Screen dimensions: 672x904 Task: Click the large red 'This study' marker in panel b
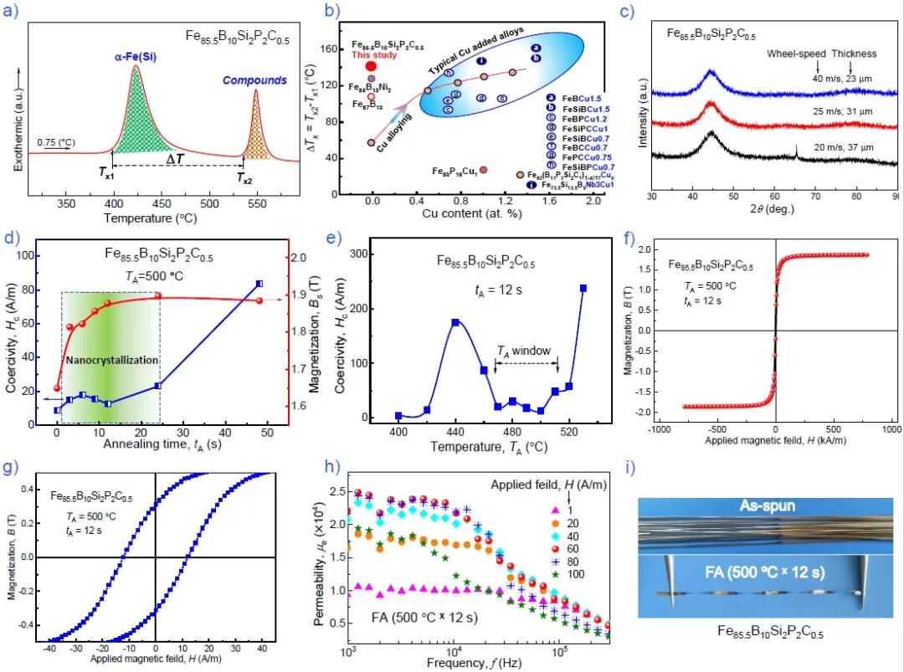371,65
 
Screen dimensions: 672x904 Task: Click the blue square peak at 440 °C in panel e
455,322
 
